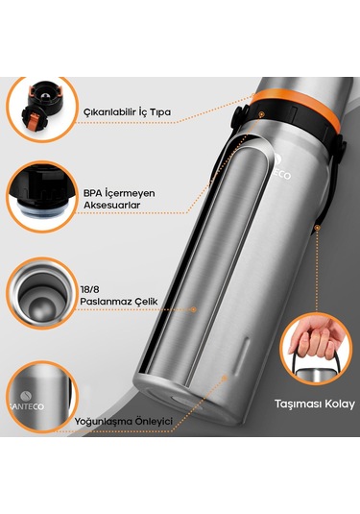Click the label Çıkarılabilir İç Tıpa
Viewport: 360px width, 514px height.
tap(127, 112)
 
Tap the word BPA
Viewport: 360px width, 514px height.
tap(92, 193)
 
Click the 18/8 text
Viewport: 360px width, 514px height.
tap(89, 289)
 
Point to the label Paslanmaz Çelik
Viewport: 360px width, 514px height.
tap(119, 302)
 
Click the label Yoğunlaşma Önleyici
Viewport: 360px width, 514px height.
tap(123, 421)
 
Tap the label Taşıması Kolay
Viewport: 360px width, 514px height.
tap(315, 404)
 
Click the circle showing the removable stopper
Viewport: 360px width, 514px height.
tap(42, 110)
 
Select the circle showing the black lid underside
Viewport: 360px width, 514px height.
tap(42, 197)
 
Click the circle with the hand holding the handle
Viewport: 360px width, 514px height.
tap(317, 349)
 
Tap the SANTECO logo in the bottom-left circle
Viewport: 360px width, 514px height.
tap(27, 401)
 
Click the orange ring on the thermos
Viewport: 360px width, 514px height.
tap(297, 109)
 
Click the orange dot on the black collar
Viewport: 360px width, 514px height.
tap(261, 114)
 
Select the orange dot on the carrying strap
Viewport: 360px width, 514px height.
tap(317, 228)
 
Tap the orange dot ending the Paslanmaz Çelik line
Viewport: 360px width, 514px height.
tap(194, 309)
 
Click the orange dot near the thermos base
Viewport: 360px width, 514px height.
tap(225, 378)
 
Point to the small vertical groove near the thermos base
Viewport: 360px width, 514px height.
tap(241, 355)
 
